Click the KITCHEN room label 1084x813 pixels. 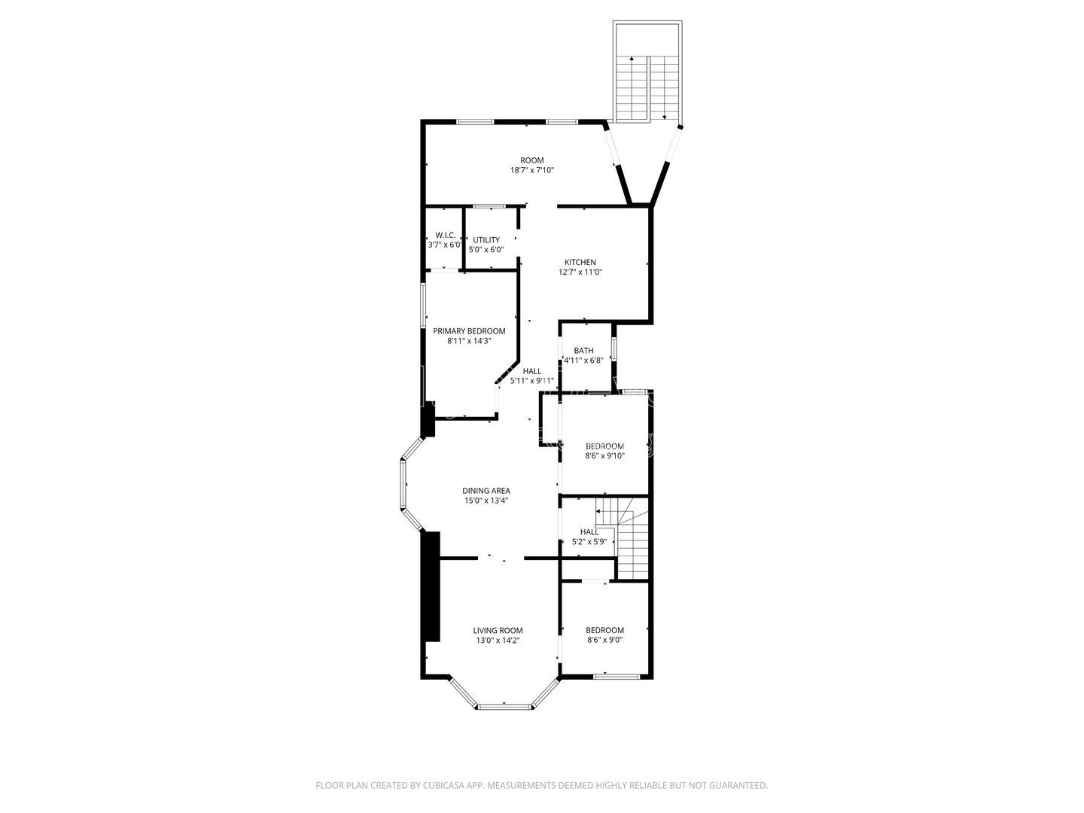tap(580, 262)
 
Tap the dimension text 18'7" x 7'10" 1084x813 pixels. tap(532, 170)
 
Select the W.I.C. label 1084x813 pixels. tap(444, 235)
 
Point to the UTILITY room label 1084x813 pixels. tap(486, 240)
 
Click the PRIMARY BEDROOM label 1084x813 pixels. tap(469, 331)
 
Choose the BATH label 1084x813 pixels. tap(583, 351)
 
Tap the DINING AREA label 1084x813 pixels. tap(486, 491)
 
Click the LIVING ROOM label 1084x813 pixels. tap(498, 631)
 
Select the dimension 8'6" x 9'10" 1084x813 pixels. tap(605, 455)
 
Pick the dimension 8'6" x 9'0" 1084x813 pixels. tap(605, 641)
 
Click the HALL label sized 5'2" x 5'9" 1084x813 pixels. tap(589, 531)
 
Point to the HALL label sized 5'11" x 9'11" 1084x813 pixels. tap(532, 371)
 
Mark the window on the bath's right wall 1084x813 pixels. tap(614, 349)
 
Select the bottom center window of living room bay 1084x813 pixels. tap(504, 706)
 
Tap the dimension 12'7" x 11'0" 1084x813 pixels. tap(580, 273)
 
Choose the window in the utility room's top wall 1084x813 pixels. tap(489, 206)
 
